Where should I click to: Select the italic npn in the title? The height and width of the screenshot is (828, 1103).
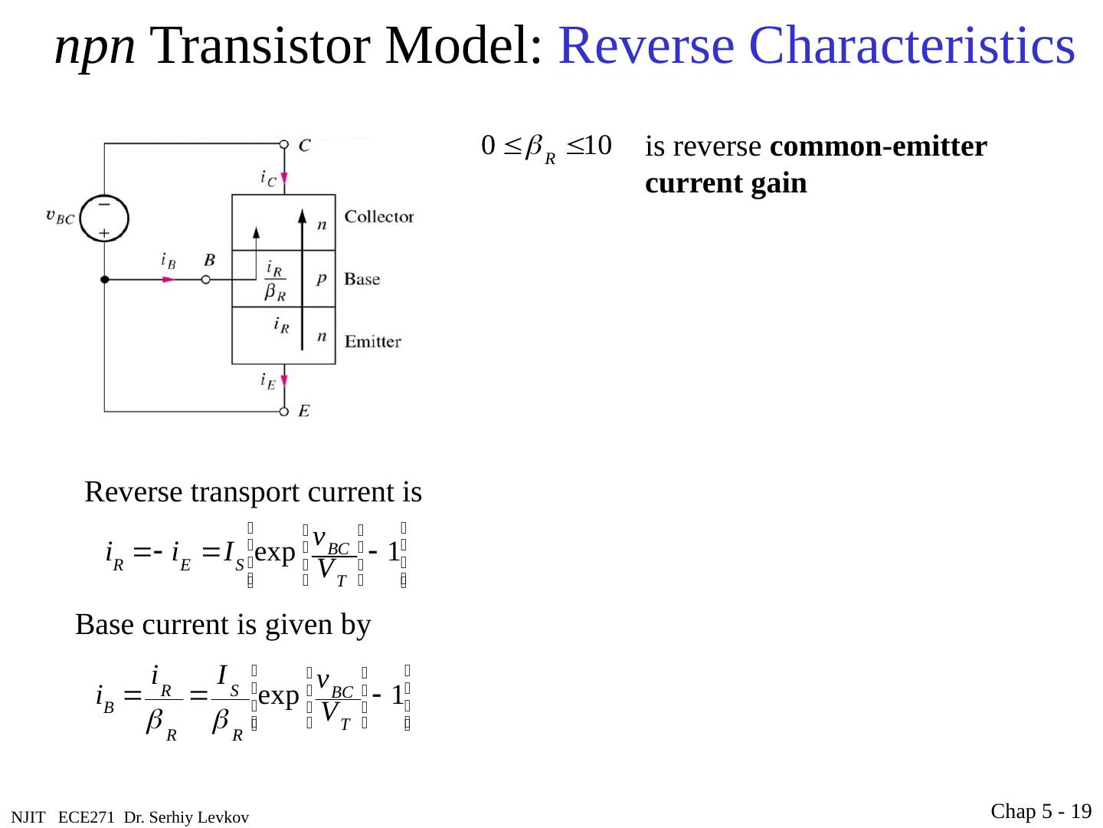pyautogui.click(x=95, y=48)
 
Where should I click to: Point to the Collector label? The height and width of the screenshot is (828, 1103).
pyautogui.click(x=378, y=217)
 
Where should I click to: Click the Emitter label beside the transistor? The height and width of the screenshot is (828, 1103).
pyautogui.click(x=372, y=341)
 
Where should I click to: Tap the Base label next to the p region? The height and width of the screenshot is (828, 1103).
pyautogui.click(x=362, y=279)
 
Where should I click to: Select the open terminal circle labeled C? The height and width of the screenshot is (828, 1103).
pyautogui.click(x=284, y=145)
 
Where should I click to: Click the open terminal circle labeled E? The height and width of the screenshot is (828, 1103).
pyautogui.click(x=284, y=412)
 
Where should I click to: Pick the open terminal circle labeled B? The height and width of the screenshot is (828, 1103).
pyautogui.click(x=205, y=281)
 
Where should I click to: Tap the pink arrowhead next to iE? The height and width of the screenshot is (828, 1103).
pyautogui.click(x=284, y=380)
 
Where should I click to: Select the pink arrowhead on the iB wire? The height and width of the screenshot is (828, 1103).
pyautogui.click(x=169, y=281)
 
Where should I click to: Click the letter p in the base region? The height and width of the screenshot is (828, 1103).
pyautogui.click(x=322, y=279)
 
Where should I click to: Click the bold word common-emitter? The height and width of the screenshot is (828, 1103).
pyautogui.click(x=879, y=146)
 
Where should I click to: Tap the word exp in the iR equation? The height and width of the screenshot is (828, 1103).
pyautogui.click(x=275, y=552)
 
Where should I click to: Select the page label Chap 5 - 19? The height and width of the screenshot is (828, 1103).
pyautogui.click(x=1041, y=811)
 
